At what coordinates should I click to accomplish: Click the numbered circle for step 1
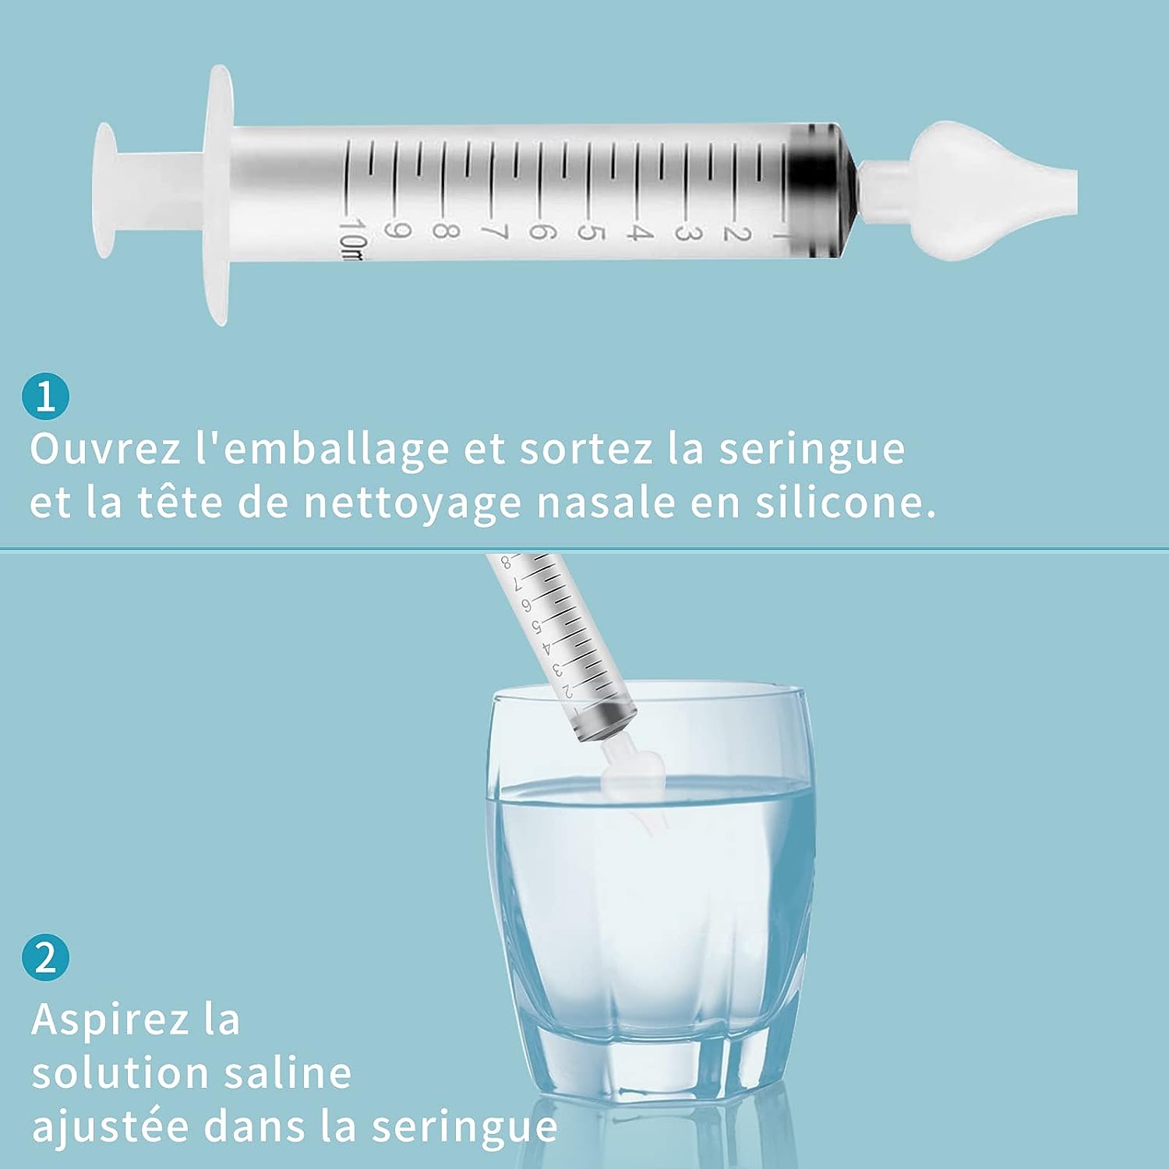45,397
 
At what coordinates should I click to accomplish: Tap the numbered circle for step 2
45,957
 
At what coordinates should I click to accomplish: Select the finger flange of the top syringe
220,195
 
